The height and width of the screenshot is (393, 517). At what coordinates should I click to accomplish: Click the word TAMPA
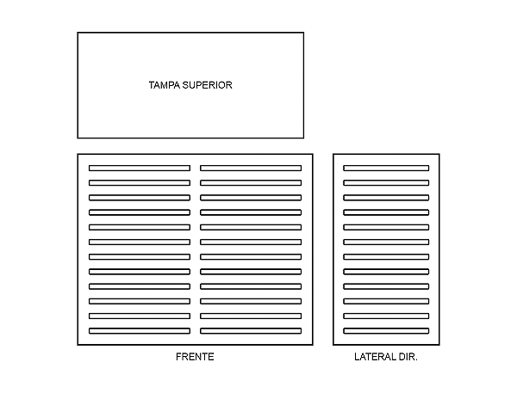(x=163, y=85)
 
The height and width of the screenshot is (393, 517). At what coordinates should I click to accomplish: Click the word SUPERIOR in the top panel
(x=207, y=85)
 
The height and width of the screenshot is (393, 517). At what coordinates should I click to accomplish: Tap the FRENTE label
(x=195, y=357)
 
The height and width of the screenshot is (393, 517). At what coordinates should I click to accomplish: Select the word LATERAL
(x=374, y=357)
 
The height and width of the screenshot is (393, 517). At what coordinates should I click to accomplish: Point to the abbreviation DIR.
(x=408, y=357)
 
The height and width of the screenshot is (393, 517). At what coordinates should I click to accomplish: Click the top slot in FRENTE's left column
(x=139, y=168)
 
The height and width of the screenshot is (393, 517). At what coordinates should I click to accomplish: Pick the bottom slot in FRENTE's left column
(x=139, y=331)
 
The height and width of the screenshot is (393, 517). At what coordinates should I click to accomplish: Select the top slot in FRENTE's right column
(x=251, y=168)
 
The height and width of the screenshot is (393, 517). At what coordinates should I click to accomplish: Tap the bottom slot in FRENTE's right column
(x=251, y=331)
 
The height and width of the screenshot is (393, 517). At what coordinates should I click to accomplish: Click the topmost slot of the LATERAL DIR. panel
(x=386, y=168)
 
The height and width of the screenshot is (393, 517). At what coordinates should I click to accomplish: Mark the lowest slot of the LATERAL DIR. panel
(x=386, y=331)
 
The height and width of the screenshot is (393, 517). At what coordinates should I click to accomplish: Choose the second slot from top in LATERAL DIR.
(x=386, y=182)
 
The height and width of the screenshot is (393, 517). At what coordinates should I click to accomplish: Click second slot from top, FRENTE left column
(x=139, y=182)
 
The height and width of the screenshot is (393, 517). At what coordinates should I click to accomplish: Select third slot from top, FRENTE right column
(x=251, y=197)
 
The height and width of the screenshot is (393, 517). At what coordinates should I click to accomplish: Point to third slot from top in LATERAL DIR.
(x=386, y=197)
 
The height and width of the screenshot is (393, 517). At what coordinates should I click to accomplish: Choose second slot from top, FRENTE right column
(x=251, y=182)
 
